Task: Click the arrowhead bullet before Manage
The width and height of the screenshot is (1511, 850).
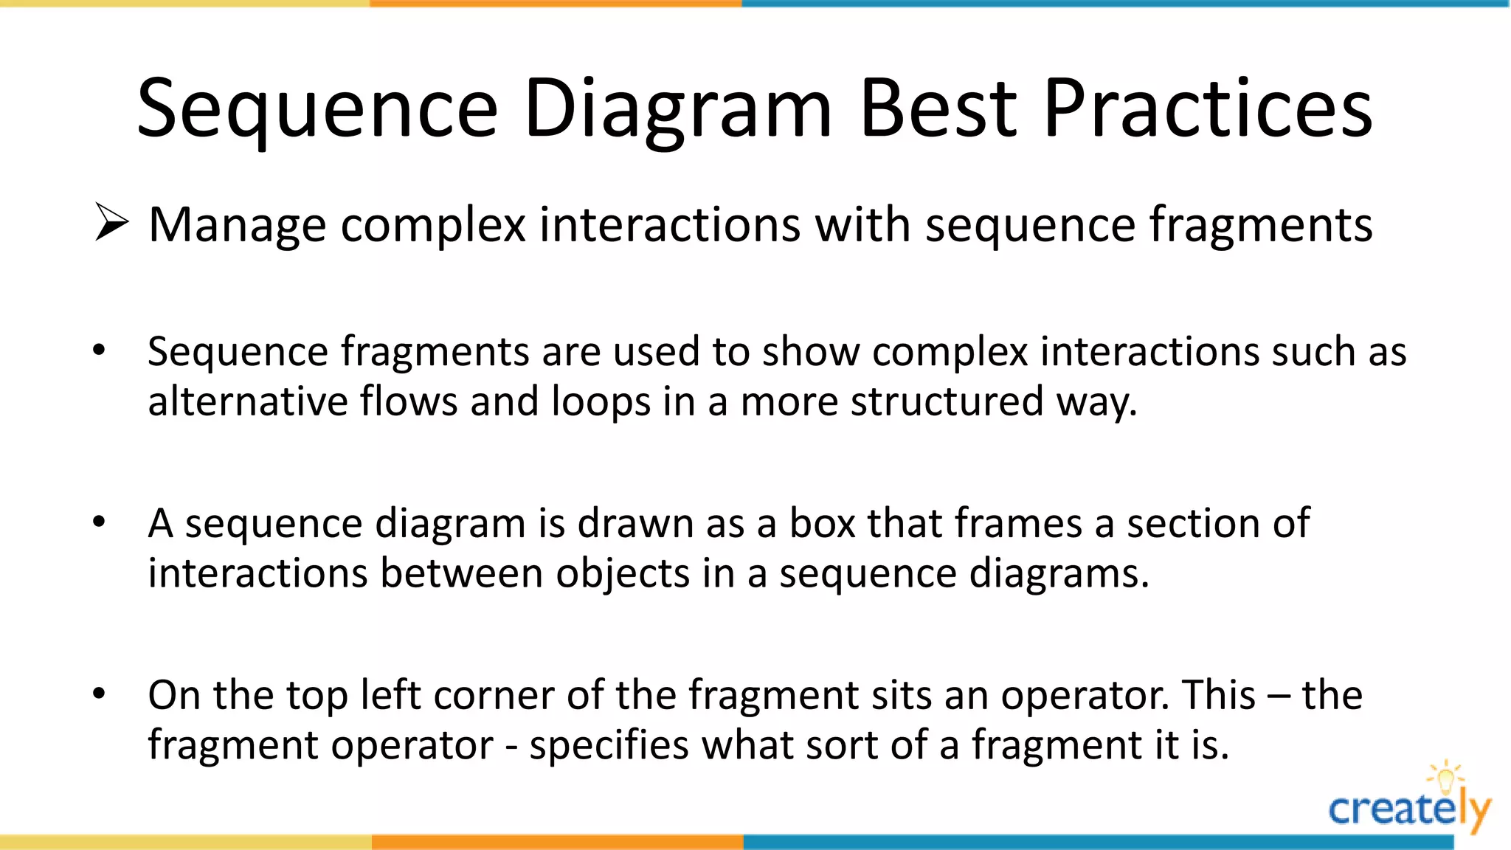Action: (111, 224)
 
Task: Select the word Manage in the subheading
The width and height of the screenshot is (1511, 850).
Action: (237, 225)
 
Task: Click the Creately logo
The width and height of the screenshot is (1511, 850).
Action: (1408, 810)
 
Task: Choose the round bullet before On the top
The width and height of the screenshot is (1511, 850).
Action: (100, 694)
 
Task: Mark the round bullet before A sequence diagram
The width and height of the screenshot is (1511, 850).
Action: (100, 522)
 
